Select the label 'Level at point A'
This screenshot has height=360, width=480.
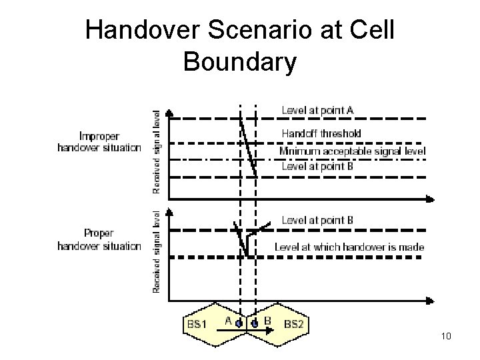(x=317, y=109)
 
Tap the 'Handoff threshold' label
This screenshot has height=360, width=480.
(x=321, y=133)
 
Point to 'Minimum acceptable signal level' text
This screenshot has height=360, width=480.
(x=352, y=151)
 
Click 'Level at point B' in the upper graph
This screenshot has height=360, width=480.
(x=317, y=167)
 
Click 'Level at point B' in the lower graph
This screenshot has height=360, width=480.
(x=317, y=220)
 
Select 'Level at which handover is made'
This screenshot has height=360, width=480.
(x=349, y=247)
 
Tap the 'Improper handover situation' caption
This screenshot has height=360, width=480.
(x=99, y=141)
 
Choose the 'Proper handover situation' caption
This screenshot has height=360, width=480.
(x=99, y=240)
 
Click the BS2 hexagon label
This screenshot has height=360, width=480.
(x=294, y=325)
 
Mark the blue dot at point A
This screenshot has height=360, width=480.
(x=239, y=325)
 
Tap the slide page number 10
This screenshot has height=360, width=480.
(x=446, y=336)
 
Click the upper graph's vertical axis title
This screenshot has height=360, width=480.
(x=157, y=152)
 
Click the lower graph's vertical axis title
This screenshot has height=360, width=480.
(x=157, y=252)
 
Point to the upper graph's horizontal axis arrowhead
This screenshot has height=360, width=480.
(x=431, y=198)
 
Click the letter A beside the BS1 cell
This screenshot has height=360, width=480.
(x=227, y=321)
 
